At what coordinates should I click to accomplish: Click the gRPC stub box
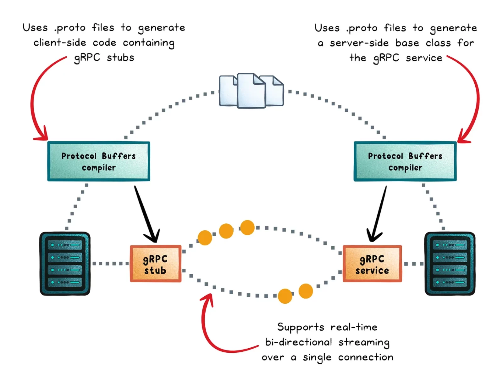tap(155, 264)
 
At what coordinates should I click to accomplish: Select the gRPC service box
tap(372, 264)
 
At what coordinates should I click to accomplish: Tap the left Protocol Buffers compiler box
tap(98, 161)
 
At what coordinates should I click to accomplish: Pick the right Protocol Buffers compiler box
tap(405, 161)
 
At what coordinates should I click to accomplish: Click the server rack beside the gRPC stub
tap(65, 264)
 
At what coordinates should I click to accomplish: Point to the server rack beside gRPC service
tap(450, 264)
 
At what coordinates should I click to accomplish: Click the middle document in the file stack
tap(251, 91)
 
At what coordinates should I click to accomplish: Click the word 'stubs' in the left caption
tap(120, 58)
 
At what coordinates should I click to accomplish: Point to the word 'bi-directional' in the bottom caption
tap(298, 342)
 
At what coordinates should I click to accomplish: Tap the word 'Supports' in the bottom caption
tap(300, 327)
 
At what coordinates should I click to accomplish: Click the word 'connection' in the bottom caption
tap(365, 357)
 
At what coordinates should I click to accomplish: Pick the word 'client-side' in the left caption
tap(60, 42)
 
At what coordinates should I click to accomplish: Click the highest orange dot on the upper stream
tap(247, 227)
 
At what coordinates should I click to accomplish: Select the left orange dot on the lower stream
tap(285, 296)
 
